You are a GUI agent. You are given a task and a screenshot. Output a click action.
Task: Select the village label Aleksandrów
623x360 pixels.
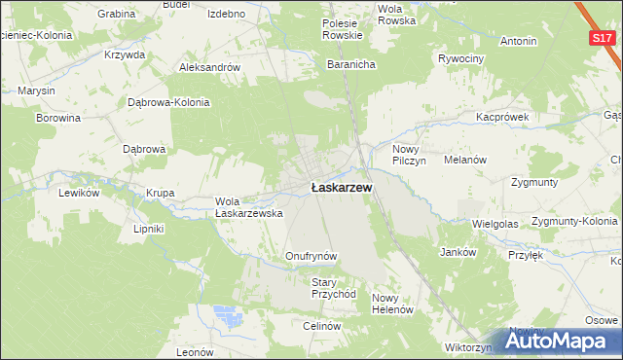pyautogui.click(x=209, y=68)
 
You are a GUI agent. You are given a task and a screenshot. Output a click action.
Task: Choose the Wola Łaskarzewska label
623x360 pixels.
pyautogui.click(x=248, y=207)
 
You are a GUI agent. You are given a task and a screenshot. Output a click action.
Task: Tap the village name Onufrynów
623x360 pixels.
pyautogui.click(x=311, y=256)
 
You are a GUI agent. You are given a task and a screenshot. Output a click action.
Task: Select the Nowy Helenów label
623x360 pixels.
pyautogui.click(x=393, y=304)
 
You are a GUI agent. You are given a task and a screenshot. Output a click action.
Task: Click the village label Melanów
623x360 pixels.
pyautogui.click(x=464, y=160)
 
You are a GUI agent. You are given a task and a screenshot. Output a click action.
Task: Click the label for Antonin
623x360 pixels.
pyautogui.click(x=518, y=42)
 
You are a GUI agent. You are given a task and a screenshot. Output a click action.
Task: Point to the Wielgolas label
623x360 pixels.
pyautogui.click(x=495, y=223)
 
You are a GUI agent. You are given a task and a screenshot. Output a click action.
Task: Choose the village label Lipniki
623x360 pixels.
pyautogui.click(x=149, y=229)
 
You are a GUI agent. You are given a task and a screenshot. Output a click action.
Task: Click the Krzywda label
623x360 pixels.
pyautogui.click(x=124, y=54)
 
